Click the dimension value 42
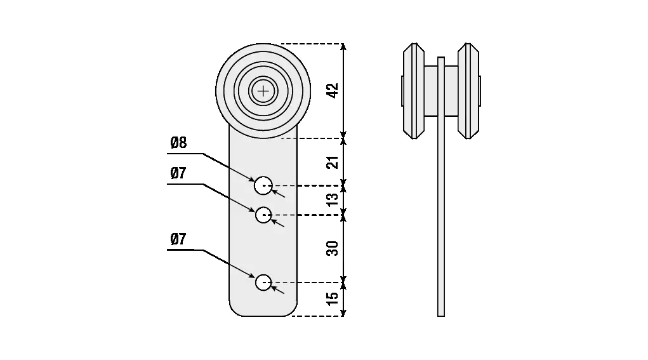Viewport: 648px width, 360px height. pyautogui.click(x=332, y=90)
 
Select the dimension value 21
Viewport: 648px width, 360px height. pyautogui.click(x=332, y=161)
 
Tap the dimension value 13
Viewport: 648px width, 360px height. pyautogui.click(x=332, y=200)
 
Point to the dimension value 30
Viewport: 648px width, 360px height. pyautogui.click(x=332, y=247)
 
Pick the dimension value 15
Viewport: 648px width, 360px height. pyautogui.click(x=332, y=298)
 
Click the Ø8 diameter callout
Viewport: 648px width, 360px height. pyautogui.click(x=179, y=143)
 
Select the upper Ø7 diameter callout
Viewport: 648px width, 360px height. pyautogui.click(x=178, y=173)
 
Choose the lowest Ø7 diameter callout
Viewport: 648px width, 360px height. pyautogui.click(x=178, y=239)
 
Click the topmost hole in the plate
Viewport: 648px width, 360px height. pyautogui.click(x=263, y=186)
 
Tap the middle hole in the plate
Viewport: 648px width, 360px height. pyautogui.click(x=263, y=215)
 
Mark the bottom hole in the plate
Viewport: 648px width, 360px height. pyautogui.click(x=263, y=282)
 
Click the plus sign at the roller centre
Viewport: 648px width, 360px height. pyautogui.click(x=263, y=91)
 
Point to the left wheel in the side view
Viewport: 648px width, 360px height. pyautogui.click(x=413, y=91)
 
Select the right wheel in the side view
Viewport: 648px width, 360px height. pyautogui.click(x=469, y=91)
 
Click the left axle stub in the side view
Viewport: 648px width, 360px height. pyautogui.click(x=402, y=91)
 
